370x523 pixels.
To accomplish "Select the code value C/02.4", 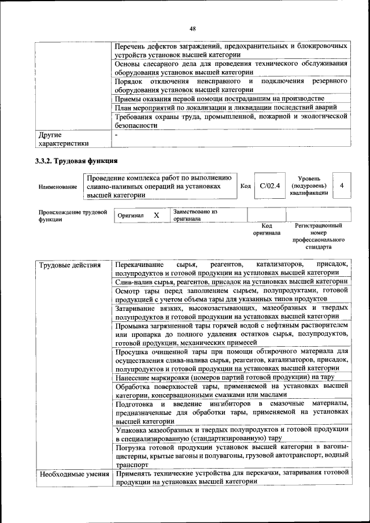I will (269, 186).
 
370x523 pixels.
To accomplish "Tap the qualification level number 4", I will (342, 186).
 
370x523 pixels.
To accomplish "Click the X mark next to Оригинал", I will (156, 215).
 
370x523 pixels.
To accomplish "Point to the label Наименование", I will (58, 187).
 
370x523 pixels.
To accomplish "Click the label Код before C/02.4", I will (245, 186).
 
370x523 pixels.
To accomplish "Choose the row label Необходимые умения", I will (74, 474).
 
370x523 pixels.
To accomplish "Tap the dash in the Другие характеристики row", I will (116, 135).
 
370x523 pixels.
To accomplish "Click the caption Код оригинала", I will (267, 229).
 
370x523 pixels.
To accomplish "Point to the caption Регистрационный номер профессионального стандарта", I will (319, 236).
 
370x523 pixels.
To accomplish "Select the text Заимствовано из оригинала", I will (195, 216).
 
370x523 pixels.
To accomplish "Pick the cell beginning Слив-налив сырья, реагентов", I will (231, 281).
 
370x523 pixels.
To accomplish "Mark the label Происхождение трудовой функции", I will (73, 216).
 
